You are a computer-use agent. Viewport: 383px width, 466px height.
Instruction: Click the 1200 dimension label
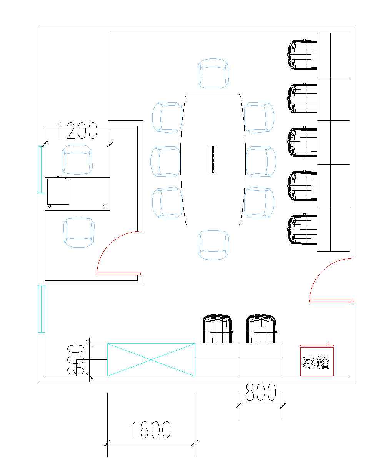point(77,131)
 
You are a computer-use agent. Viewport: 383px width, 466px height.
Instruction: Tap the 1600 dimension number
point(151,429)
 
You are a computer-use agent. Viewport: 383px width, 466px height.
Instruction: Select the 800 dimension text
point(261,392)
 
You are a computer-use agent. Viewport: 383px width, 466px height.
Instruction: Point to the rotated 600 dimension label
point(76,360)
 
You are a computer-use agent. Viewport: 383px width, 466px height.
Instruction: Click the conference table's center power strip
point(213,160)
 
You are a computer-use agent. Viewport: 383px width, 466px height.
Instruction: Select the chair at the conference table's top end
point(213,73)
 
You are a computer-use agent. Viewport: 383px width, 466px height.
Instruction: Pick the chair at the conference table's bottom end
point(213,245)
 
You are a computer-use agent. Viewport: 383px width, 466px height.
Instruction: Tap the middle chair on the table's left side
point(165,162)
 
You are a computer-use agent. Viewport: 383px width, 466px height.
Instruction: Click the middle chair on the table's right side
point(261,162)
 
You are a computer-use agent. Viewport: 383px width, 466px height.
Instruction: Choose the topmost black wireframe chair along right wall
point(302,55)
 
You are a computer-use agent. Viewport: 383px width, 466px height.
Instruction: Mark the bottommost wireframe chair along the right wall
point(302,229)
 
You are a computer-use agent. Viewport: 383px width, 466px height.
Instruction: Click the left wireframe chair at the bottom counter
point(217,329)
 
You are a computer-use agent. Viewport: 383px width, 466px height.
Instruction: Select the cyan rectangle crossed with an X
point(151,360)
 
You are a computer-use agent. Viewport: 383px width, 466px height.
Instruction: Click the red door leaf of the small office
point(118,274)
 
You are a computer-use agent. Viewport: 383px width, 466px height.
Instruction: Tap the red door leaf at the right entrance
point(331,301)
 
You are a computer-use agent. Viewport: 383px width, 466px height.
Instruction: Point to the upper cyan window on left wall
point(41,170)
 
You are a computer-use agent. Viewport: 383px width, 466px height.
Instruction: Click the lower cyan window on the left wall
point(42,309)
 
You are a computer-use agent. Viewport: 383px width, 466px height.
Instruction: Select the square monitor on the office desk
point(58,191)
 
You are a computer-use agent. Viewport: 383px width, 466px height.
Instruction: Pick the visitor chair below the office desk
point(79,233)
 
